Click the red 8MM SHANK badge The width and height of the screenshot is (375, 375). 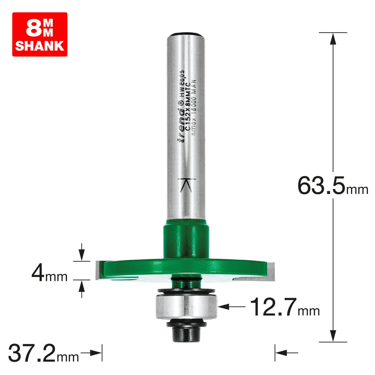tap(40, 34)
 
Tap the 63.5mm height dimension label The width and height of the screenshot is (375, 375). tap(332, 186)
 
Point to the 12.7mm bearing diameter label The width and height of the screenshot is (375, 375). tap(284, 307)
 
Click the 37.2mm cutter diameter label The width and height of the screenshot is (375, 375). tap(43, 353)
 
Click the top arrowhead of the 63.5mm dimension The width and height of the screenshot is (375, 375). tap(333, 38)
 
